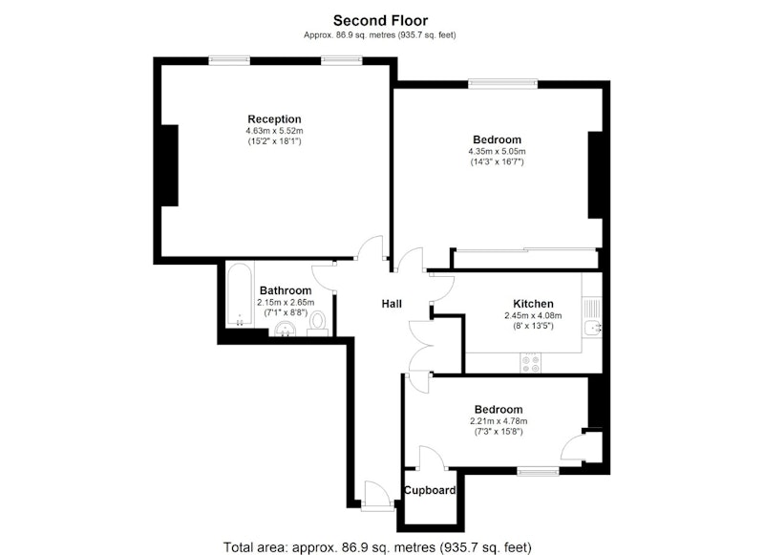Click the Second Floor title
[380, 20]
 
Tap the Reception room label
[274, 119]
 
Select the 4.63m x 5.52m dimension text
[274, 131]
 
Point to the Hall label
[392, 304]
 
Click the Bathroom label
[286, 291]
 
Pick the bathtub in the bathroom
[240, 295]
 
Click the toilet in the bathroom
[318, 324]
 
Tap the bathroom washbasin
[285, 330]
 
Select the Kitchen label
[533, 304]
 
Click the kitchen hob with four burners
[531, 363]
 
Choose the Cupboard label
[430, 491]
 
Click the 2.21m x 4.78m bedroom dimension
[499, 421]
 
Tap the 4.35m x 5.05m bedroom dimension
[497, 152]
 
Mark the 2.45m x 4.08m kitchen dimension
[533, 316]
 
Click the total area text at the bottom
[377, 547]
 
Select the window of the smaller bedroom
[539, 471]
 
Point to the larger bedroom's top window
[503, 84]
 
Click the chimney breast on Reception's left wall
[170, 165]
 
